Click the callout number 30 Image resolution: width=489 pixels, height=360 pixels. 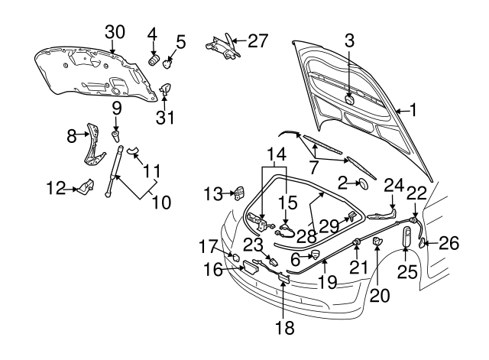114,31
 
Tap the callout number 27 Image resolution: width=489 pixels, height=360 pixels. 258,40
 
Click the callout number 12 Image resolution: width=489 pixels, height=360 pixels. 55,186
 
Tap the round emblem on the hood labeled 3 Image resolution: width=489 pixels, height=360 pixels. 348,99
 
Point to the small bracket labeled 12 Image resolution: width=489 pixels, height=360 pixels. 85,186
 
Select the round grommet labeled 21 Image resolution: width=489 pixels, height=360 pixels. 357,244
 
